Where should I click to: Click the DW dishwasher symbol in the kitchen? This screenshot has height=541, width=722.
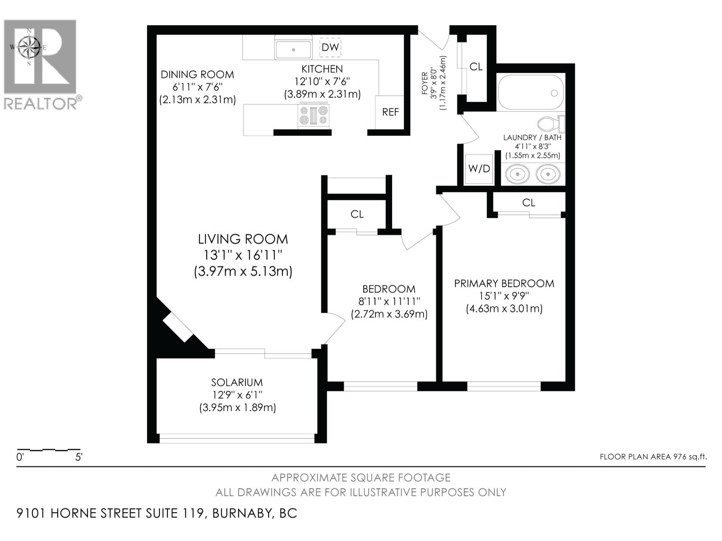coord(330,47)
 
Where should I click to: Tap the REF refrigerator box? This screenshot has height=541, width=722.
coord(390,112)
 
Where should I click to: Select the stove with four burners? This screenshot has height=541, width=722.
coord(314,115)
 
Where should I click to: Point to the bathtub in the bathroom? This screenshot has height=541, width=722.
coord(531,92)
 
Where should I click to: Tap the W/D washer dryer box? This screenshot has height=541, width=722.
coord(479,169)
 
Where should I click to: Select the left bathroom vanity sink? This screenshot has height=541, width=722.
coord(517,174)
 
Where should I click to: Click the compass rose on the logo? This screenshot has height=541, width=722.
coord(29,46)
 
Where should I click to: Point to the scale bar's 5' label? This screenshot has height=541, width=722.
coord(79,457)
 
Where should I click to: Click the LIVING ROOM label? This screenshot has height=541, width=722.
coord(243,239)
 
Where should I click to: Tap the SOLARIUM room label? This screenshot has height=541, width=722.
coord(237,382)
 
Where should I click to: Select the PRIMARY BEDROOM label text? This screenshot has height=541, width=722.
coord(504,284)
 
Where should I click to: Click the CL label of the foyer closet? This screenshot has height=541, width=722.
coord(476,67)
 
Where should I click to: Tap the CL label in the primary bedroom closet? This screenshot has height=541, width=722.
coord(528,203)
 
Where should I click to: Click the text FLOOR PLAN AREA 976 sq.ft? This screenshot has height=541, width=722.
coord(653,457)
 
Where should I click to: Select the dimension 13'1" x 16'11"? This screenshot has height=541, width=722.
coord(243,255)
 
